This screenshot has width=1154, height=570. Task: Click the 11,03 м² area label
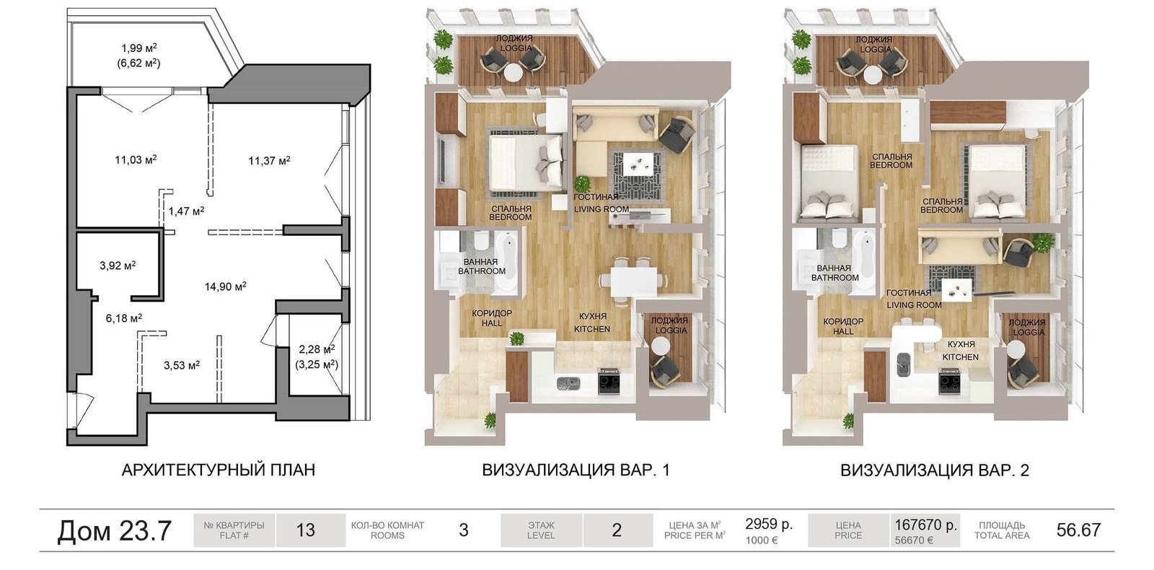136,159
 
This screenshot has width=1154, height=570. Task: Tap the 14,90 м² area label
225,286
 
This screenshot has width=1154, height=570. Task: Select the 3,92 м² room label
118,266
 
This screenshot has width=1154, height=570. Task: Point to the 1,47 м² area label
187,211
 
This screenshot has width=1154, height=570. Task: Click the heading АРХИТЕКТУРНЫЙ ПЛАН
219,470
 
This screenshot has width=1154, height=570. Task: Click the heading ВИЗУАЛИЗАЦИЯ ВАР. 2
935,470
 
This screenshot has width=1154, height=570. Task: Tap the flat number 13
306,530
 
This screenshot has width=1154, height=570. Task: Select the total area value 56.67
1078,530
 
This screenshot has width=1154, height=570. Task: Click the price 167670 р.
925,525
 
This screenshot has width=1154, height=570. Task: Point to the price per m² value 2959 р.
769,524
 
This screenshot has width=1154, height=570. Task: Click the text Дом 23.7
114,530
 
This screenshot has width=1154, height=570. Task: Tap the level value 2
617,530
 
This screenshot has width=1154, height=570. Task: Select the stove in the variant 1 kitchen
609,382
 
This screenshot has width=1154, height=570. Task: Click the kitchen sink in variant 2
904,364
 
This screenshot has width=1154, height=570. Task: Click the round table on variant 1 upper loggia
513,73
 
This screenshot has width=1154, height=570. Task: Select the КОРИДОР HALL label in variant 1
492,318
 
